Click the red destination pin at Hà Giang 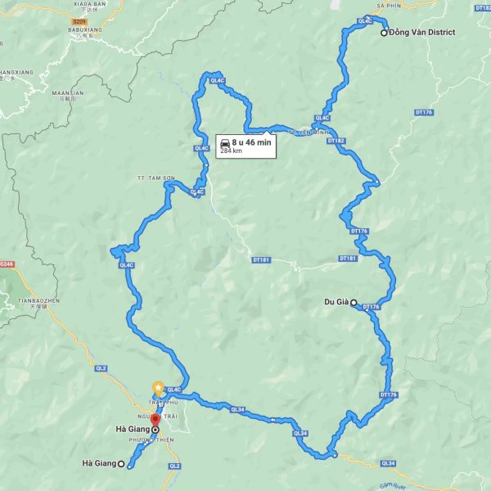tap(155, 421)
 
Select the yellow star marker tap(157, 387)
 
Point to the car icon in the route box tap(225, 142)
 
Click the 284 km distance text tap(231, 151)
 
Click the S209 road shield tap(79, 21)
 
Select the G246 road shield tap(7, 264)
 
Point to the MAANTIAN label tap(68, 94)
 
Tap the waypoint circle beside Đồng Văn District tap(384, 33)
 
